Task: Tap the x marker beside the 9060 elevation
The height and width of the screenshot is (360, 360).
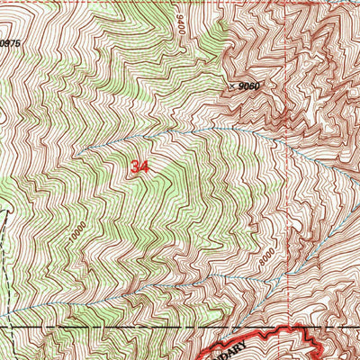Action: click(x=231, y=86)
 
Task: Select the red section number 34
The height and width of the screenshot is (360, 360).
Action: click(x=139, y=167)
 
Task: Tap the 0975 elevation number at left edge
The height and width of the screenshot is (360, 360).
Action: click(x=9, y=42)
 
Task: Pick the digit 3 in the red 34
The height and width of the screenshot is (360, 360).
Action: click(x=134, y=167)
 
